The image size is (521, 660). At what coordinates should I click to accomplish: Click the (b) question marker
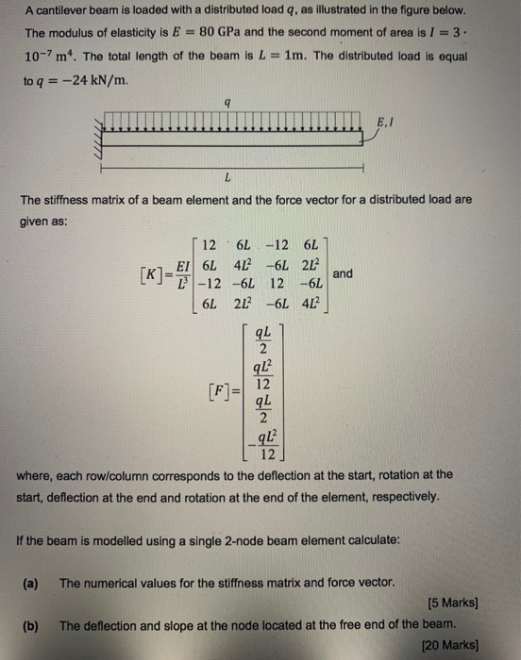[30, 625]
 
